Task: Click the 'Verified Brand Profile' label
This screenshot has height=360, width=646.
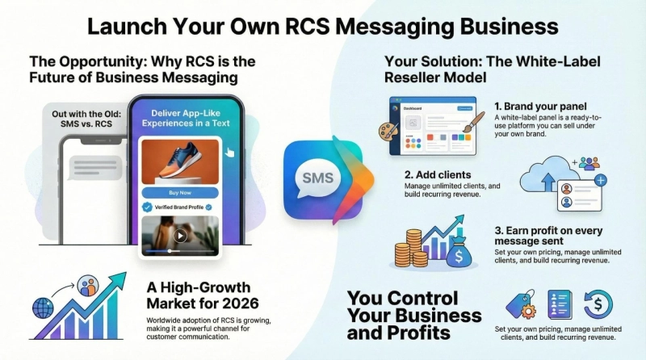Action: click(180, 207)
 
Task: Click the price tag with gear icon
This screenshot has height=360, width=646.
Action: click(520, 304)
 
